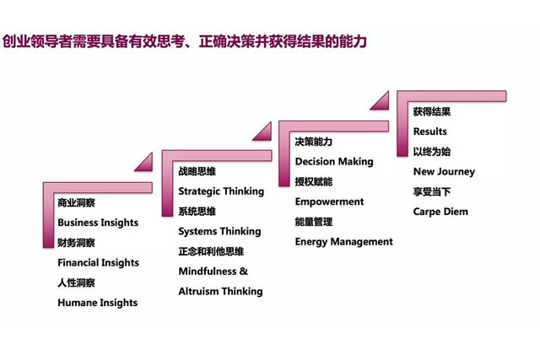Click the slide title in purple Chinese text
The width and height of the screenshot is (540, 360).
[184, 41]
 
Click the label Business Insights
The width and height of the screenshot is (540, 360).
[98, 223]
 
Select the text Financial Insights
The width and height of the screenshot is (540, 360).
[99, 262]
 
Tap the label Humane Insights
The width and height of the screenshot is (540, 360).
[98, 303]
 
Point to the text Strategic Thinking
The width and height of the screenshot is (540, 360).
[221, 191]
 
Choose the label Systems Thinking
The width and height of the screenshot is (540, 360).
[219, 231]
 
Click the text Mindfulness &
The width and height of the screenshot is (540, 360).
[213, 271]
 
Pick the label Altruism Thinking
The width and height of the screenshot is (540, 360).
[220, 291]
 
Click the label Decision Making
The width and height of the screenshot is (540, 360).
[334, 161]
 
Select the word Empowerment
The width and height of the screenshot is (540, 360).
[329, 201]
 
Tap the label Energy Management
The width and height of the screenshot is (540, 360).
[343, 242]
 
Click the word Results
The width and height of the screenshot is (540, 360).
[429, 132]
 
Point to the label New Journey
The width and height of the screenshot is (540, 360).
[444, 171]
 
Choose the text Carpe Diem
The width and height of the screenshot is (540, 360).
[440, 212]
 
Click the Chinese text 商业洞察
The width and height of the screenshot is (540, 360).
[76, 202]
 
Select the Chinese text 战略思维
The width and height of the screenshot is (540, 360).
[197, 171]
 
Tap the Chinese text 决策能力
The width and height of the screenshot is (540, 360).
[313, 142]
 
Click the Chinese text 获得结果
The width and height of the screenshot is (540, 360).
[432, 111]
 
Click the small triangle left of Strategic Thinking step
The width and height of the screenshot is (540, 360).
[146, 164]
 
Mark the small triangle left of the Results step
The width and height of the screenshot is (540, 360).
[382, 103]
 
